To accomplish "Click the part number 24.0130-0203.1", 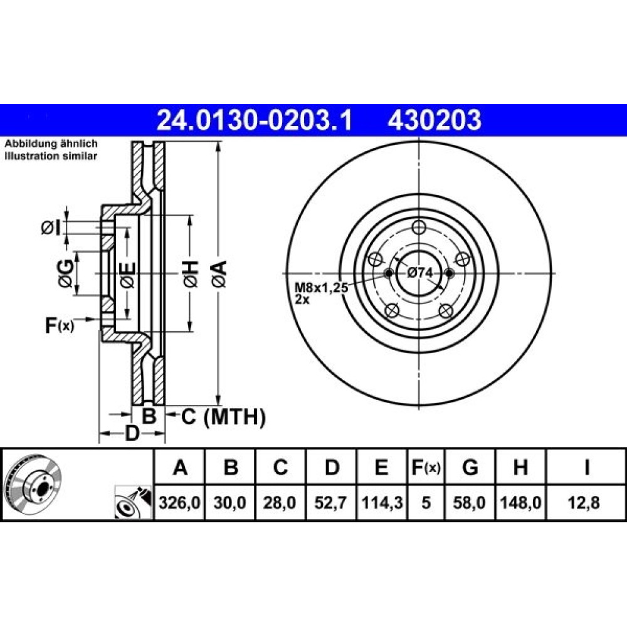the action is [x=255, y=120].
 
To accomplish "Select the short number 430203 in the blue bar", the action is [x=434, y=120].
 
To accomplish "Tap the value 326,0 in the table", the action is [x=179, y=502].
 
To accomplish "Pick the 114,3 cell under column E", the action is [x=381, y=502].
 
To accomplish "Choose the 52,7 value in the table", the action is [x=330, y=502].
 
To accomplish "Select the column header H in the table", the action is [x=520, y=467].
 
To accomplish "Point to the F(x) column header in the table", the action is [x=426, y=467].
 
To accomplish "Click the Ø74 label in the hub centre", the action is [x=420, y=273].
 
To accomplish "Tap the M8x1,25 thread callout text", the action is [x=321, y=288].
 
